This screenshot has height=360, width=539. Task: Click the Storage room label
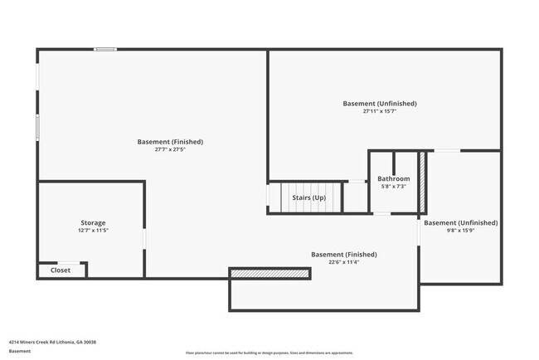93,222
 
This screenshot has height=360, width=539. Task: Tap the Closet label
61,270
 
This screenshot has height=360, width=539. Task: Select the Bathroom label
393,178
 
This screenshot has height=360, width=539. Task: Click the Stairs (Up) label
308,197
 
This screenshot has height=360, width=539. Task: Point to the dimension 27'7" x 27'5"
170,150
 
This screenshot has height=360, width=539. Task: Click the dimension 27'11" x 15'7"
380,111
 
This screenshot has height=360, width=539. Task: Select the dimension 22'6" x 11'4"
343,262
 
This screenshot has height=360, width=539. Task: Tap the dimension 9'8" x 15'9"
460,231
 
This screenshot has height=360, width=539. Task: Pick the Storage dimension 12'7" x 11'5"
93,231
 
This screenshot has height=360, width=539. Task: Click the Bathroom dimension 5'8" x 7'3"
393,187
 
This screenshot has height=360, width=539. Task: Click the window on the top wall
105,49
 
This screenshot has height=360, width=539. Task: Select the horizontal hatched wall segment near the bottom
270,273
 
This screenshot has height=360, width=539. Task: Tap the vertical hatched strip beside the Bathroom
421,182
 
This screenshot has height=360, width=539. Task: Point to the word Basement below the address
20,351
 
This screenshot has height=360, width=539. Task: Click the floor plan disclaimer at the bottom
269,353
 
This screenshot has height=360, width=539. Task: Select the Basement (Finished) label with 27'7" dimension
170,142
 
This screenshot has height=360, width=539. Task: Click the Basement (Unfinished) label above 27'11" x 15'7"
380,104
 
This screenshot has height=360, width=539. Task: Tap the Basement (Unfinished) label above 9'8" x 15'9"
460,222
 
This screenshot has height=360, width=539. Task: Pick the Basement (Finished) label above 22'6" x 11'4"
343,254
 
